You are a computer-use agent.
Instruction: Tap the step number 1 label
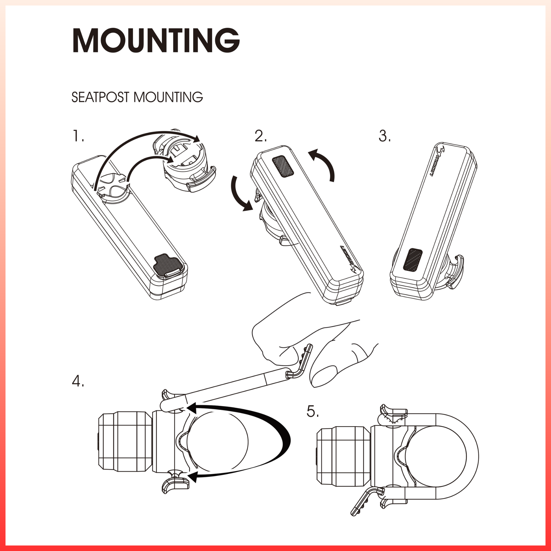click(78, 136)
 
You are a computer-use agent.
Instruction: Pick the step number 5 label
click(313, 411)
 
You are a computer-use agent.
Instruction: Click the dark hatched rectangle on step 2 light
click(283, 167)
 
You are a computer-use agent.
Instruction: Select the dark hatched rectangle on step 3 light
click(412, 259)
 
